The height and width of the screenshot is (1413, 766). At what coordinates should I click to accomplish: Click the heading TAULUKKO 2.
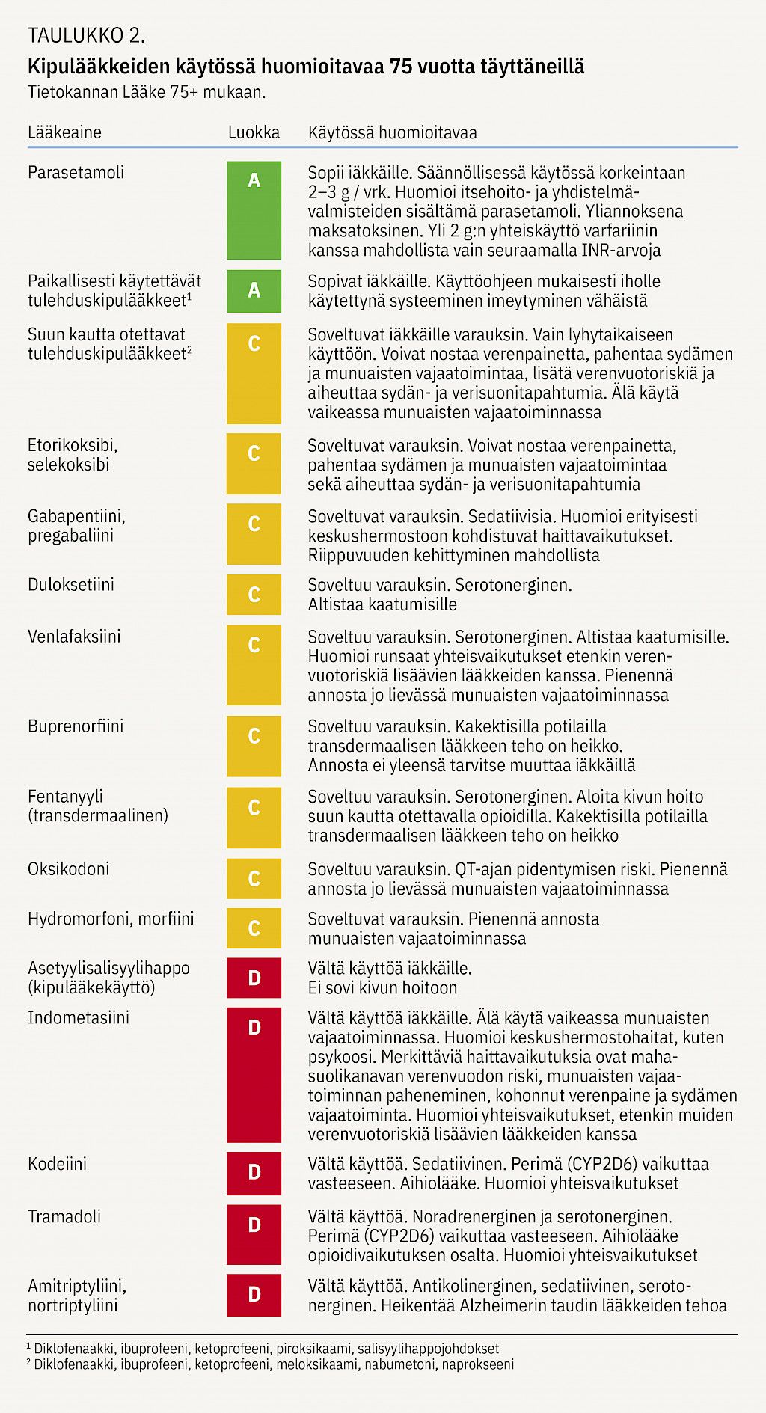pos(86,35)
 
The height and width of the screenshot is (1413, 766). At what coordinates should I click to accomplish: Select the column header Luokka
pos(254,132)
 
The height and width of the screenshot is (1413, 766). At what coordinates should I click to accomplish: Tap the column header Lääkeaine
pos(64,132)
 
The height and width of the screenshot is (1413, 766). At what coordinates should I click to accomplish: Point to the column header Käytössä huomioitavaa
pos(392,132)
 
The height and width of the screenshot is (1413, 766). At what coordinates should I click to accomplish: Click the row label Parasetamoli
pos(76,172)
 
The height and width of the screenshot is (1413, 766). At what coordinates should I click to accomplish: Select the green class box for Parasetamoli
pos(254,210)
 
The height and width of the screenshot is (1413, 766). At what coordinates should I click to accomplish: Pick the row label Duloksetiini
pos(71,584)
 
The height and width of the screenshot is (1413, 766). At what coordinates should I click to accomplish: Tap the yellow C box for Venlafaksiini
pos(254,665)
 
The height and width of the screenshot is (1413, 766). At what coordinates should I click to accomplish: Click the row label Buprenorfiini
pos(76,726)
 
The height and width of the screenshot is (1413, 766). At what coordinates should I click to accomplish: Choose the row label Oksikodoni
pos(68,868)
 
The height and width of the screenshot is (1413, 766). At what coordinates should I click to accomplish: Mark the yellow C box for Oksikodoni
pos(254,878)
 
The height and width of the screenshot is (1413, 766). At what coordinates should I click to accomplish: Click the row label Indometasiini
pos(78,1017)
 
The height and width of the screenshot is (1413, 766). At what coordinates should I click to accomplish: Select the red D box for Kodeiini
pos(254,1173)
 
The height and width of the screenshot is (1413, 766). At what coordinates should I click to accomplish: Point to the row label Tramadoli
pos(64,1216)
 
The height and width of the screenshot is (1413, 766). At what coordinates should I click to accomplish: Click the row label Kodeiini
pos(57,1164)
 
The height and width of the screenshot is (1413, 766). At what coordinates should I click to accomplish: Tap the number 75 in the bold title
pos(401,67)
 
